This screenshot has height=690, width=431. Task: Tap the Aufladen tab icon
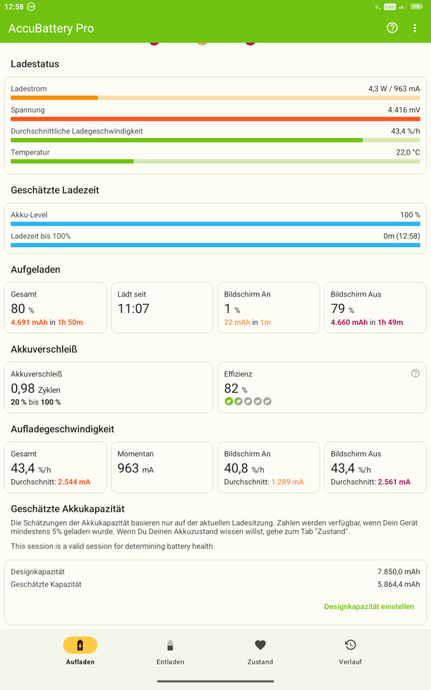point(80,645)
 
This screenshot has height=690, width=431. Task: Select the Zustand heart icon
point(261,645)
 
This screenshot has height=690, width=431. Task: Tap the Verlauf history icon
point(351,645)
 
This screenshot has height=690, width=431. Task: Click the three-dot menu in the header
point(415,28)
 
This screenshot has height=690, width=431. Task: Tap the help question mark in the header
point(392,28)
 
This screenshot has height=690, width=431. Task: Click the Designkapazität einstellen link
point(369,606)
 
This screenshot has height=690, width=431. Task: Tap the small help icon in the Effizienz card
point(415,373)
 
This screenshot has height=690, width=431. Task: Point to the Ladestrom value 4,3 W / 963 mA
point(394,88)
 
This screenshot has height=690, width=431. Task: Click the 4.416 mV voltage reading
point(404,110)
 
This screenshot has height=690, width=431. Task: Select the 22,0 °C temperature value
point(407,152)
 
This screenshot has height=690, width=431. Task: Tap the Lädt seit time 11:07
point(133,309)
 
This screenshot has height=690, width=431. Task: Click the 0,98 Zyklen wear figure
point(36,388)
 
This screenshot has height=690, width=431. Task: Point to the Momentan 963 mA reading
point(135,468)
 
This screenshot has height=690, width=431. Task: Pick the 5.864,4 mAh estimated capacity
point(398,585)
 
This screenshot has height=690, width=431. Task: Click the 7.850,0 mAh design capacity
point(398,572)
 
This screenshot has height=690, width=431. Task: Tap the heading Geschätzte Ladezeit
point(55,190)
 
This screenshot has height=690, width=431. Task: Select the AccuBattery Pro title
point(51,28)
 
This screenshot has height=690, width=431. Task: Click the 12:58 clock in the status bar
point(14,6)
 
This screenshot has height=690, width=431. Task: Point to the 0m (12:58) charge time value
point(402,236)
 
